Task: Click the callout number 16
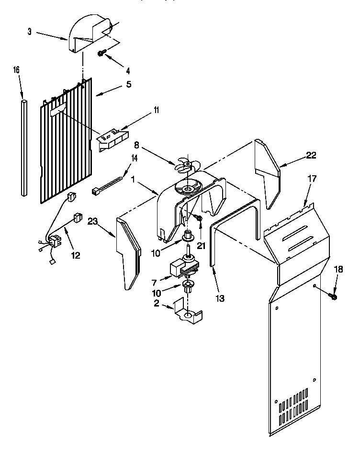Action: (16, 70)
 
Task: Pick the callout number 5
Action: (128, 85)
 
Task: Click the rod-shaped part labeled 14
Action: (107, 186)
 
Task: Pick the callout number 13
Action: (219, 298)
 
